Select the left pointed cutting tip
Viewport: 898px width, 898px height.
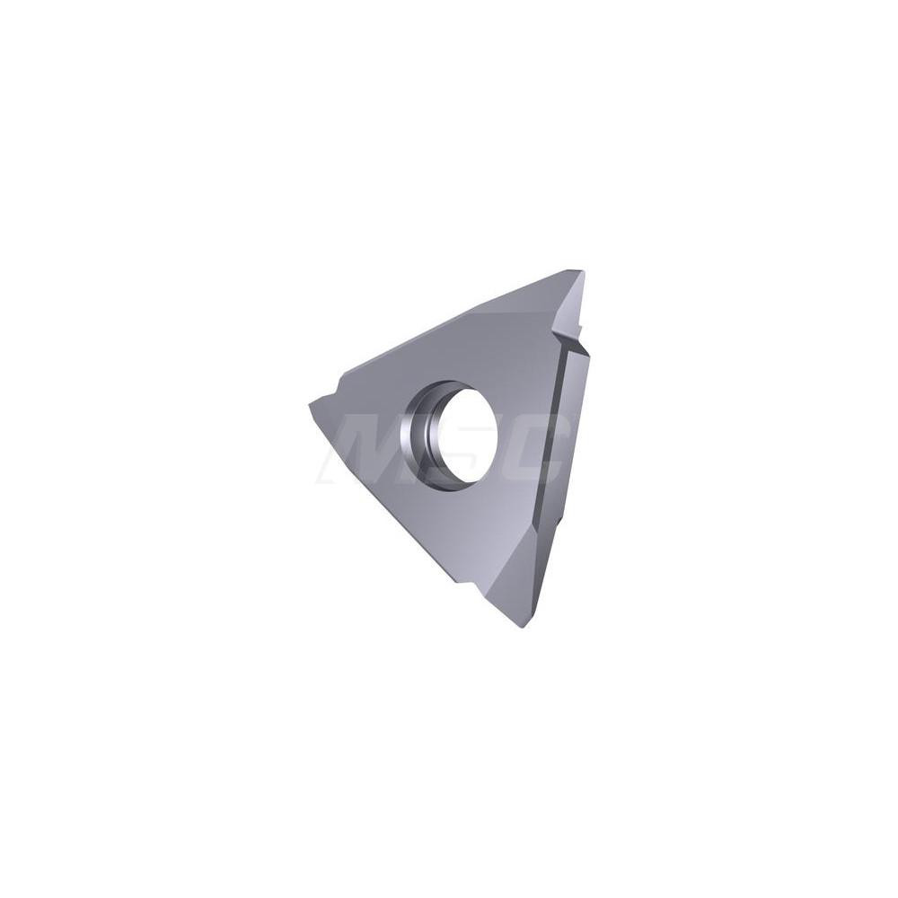[313, 403]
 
